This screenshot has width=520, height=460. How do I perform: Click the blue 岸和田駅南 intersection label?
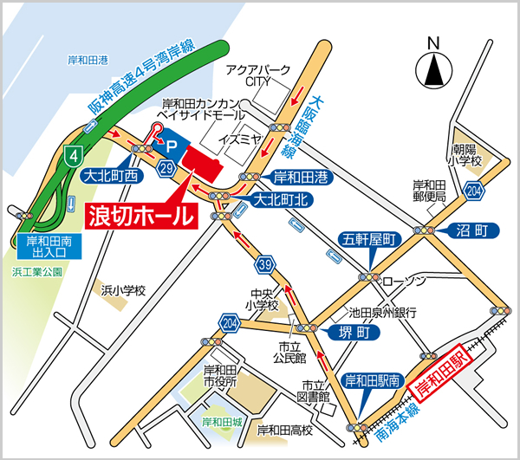click(x=372, y=379)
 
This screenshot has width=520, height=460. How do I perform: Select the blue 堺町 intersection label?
click(x=337, y=332)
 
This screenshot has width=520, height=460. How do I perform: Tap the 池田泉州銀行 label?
click(x=383, y=310)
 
